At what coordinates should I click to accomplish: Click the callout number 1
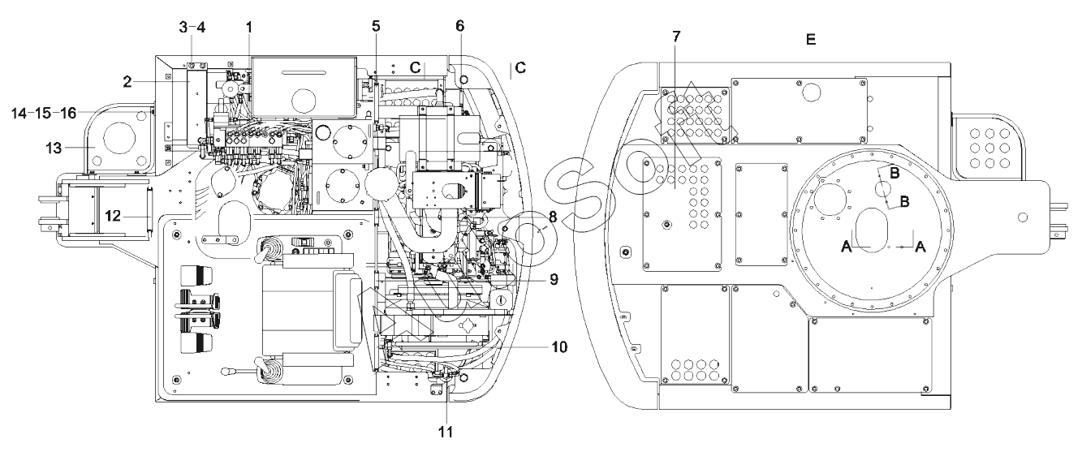(x=249, y=28)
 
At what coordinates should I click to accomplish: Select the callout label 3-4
(x=192, y=27)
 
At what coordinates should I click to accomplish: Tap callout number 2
(x=127, y=82)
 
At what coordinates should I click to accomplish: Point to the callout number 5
(x=377, y=26)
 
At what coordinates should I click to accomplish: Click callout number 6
(x=460, y=26)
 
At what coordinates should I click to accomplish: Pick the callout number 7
(x=676, y=37)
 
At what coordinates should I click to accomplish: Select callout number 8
(x=553, y=217)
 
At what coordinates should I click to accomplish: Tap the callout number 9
(x=554, y=279)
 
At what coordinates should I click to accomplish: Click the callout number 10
(x=559, y=346)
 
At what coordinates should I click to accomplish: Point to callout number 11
(x=446, y=432)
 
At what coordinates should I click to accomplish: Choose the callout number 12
(x=113, y=216)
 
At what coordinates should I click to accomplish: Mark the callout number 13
(x=54, y=148)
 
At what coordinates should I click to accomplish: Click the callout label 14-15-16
(x=44, y=113)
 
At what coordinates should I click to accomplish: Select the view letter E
(x=811, y=39)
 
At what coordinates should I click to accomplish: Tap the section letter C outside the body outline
(x=520, y=68)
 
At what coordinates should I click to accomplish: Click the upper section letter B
(x=894, y=173)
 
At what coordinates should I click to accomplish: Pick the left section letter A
(x=847, y=247)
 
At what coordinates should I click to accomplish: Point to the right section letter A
(x=920, y=247)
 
